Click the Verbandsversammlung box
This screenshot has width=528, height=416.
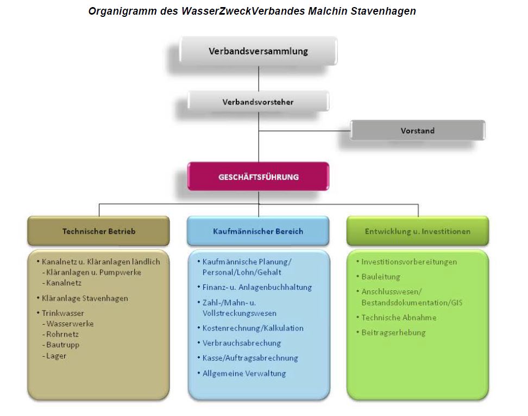click(258, 51)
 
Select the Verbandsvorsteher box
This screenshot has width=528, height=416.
click(258, 102)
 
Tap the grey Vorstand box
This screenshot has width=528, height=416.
click(418, 131)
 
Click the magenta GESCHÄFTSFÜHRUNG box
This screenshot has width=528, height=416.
click(258, 177)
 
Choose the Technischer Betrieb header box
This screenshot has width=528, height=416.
click(99, 231)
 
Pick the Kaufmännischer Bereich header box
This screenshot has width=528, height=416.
click(258, 231)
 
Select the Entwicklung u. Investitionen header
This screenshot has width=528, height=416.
click(418, 231)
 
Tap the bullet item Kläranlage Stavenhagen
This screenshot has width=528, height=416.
click(85, 299)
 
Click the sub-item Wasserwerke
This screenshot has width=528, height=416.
click(70, 324)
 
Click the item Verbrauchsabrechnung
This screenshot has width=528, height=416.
click(241, 343)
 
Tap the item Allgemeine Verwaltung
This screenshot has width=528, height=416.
click(244, 374)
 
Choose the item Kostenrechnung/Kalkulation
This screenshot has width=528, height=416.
click(253, 328)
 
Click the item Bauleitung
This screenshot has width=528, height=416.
click(381, 277)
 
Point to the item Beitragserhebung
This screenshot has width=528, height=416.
click(393, 332)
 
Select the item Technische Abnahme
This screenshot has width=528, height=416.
click(399, 318)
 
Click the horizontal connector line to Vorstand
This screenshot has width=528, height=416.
click(304, 131)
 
